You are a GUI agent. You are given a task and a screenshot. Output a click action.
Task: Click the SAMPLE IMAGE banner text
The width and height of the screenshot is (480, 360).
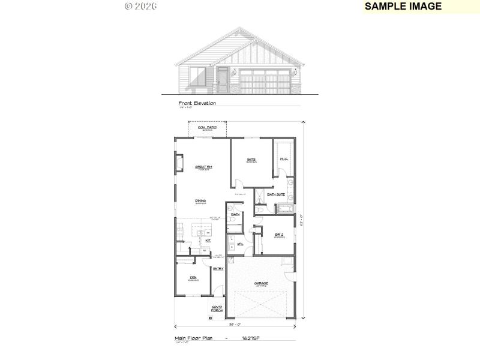[x=403, y=7]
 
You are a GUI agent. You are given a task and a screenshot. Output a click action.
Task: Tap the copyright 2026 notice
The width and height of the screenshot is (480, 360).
[x=140, y=6]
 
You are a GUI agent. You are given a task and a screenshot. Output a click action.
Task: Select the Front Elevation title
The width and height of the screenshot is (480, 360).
[x=197, y=103]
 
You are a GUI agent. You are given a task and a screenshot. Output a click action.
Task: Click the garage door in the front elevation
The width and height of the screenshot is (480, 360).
[x=265, y=80]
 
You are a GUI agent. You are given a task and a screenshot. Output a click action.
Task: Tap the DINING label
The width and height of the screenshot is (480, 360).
[x=200, y=200]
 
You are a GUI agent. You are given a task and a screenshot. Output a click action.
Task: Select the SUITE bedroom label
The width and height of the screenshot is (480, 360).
[x=251, y=160]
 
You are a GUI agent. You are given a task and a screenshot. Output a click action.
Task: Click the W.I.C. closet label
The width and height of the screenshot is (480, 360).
[x=284, y=159]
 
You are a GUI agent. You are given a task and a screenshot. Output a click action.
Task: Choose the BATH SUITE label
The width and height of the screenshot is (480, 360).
[x=276, y=194]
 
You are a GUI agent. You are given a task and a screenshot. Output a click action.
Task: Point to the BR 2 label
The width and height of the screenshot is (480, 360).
[x=278, y=235]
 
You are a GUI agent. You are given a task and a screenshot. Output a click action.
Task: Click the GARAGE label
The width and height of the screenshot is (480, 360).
[x=261, y=283]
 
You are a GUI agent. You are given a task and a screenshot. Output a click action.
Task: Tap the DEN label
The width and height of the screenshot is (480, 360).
[x=193, y=277]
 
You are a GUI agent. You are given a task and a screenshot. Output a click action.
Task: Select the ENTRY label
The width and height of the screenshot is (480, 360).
[x=218, y=268]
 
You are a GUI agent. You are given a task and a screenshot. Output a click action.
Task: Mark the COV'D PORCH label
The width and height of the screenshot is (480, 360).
[x=217, y=310]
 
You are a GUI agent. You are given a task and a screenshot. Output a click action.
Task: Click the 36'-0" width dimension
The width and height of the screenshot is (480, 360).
[x=235, y=325]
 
